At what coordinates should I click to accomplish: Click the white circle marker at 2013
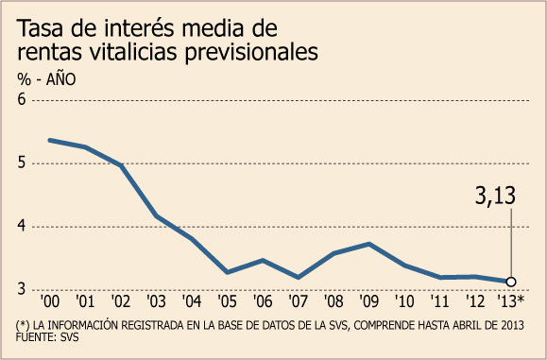click(511, 282)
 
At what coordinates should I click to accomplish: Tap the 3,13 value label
click(495, 196)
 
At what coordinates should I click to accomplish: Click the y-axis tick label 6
click(22, 99)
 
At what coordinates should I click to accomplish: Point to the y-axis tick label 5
click(22, 163)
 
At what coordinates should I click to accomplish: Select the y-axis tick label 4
click(22, 226)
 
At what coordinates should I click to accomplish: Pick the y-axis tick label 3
click(22, 289)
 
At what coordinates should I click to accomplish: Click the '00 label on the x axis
click(50, 301)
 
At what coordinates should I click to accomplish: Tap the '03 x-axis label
click(156, 301)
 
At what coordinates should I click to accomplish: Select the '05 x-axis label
click(227, 301)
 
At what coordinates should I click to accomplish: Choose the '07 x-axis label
click(298, 301)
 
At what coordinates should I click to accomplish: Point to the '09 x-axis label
click(368, 301)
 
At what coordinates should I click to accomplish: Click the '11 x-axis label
click(440, 301)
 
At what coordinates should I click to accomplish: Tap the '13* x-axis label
click(511, 301)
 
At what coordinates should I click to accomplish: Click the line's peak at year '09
click(369, 244)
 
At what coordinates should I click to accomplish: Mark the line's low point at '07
click(298, 278)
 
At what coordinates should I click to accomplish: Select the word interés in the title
click(140, 27)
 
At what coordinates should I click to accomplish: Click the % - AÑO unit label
click(46, 79)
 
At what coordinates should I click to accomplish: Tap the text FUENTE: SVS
click(47, 337)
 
